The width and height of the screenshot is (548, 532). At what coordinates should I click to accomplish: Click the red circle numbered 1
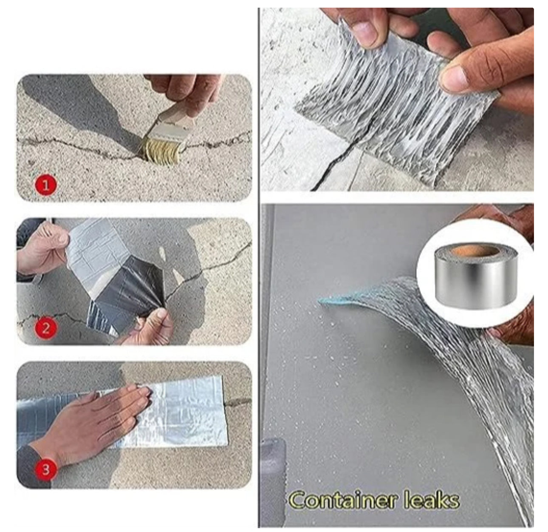pyautogui.click(x=45, y=185)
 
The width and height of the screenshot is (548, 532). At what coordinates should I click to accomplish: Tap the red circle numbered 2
pyautogui.click(x=45, y=328)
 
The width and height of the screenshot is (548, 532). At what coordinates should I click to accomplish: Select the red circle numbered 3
pyautogui.click(x=45, y=469)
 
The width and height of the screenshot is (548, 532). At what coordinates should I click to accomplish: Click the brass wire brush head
pyautogui.click(x=162, y=151)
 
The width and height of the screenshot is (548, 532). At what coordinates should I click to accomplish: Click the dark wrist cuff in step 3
pyautogui.click(x=36, y=465)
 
